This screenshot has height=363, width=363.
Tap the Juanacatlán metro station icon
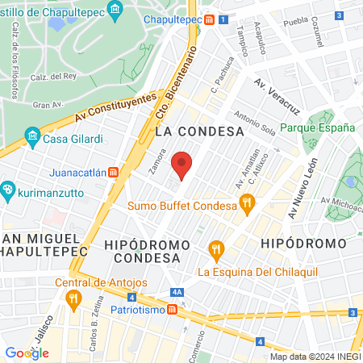click(114, 171)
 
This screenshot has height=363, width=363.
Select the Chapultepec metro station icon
click(208, 20)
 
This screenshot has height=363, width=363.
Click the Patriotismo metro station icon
click(173, 310)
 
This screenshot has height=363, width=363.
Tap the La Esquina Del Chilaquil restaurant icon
click(215, 249)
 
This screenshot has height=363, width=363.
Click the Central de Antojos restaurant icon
click(73, 299)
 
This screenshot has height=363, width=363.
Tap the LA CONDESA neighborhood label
click(198, 131)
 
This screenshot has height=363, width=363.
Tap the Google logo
click(27, 353)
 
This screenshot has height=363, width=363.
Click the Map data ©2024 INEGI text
click(315, 357)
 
